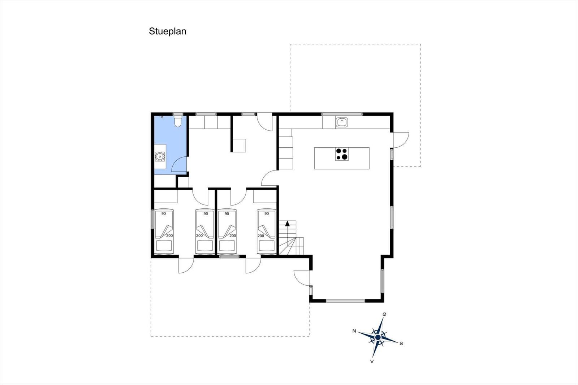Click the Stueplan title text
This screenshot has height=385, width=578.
(168, 31)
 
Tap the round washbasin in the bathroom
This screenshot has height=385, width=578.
(159, 156)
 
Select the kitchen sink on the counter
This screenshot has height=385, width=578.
(342, 122)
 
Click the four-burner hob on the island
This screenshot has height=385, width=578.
(342, 154)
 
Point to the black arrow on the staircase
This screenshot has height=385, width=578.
(287, 224)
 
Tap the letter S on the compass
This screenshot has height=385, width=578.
(401, 343)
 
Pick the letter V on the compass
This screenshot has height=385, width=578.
(372, 362)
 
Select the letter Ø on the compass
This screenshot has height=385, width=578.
(384, 314)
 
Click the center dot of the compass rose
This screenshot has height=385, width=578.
(378, 337)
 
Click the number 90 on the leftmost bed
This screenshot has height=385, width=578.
(164, 214)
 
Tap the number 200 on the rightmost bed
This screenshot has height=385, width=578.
(261, 236)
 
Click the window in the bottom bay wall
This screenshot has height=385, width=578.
(345, 300)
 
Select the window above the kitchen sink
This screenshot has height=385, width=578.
(342, 114)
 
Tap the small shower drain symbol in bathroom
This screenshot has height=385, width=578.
(162, 117)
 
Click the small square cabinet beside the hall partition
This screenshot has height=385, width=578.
(239, 146)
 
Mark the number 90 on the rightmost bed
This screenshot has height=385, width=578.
(267, 214)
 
